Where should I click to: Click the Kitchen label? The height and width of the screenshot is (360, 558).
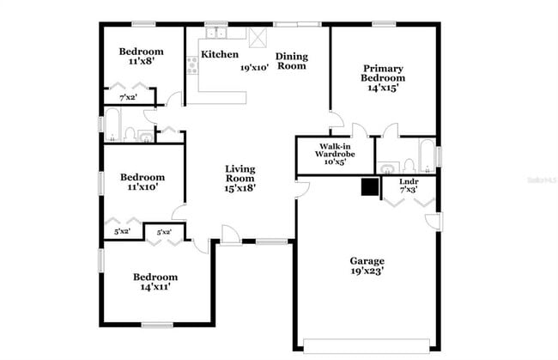[219, 55]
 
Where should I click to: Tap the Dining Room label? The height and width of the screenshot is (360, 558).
[291, 61]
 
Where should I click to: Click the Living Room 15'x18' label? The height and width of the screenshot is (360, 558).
[240, 178]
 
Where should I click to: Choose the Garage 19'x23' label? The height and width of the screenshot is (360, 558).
[367, 265]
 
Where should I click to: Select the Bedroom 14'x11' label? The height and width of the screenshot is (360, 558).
[155, 282]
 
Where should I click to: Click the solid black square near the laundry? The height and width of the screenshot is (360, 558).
[370, 186]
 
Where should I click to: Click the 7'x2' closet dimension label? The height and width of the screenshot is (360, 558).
[129, 98]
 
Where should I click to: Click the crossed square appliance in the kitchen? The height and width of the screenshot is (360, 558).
[257, 37]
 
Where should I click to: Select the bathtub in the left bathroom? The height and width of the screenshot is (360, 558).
[113, 125]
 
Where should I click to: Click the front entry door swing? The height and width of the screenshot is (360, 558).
[230, 234]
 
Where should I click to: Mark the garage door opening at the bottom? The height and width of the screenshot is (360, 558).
[370, 346]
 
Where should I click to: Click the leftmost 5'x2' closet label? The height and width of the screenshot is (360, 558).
[123, 231]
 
